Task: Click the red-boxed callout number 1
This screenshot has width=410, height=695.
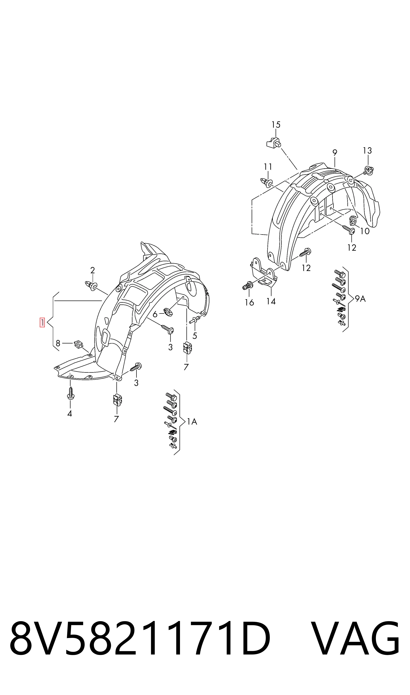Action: pos(42,322)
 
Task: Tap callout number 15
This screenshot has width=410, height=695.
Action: pos(276,125)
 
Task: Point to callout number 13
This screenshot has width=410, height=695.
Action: pos(367,151)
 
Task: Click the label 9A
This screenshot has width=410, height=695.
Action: pos(360,299)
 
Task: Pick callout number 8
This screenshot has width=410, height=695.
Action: pos(58,343)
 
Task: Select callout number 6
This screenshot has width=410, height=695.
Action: pos(155,314)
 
